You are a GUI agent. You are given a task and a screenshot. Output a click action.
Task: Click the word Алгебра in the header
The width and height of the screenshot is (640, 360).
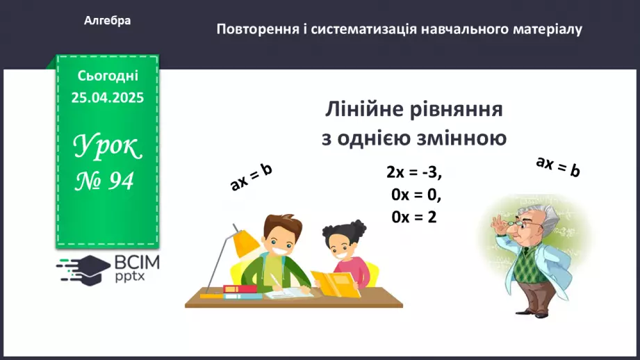[x=107, y=21]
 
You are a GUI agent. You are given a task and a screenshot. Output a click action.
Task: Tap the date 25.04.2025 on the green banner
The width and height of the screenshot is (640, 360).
[x=107, y=98]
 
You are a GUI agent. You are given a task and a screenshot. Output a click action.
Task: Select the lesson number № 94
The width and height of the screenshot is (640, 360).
[x=105, y=181]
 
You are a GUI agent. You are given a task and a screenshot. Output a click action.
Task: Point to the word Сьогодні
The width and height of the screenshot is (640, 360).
[x=107, y=76]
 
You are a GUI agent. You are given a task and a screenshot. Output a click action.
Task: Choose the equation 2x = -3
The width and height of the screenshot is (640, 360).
[x=414, y=172]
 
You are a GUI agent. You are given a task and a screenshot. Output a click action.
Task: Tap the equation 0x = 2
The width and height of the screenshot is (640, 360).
[x=413, y=216]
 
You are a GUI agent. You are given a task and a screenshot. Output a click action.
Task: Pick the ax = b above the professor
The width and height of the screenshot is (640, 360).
[x=557, y=167]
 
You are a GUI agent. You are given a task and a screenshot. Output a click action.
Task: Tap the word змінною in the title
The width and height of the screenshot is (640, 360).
[x=460, y=138]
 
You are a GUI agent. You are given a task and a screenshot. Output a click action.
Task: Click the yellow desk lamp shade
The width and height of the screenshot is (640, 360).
[x=245, y=243]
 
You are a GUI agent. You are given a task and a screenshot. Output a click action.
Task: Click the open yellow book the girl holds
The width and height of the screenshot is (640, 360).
[x=333, y=286]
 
